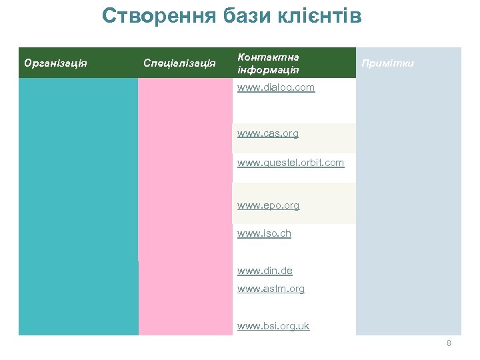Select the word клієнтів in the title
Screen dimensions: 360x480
[x=319, y=16]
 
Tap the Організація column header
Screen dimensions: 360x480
[x=57, y=63]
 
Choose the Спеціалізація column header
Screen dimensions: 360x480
[x=179, y=63]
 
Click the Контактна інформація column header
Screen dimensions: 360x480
[x=268, y=63]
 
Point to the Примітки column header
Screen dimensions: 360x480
[x=387, y=63]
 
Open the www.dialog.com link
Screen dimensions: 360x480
[x=276, y=87]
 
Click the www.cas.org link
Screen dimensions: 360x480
[x=268, y=133]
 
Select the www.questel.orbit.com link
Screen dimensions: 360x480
[x=291, y=162]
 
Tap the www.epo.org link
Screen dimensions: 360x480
[x=269, y=205]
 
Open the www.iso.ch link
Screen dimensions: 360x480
[x=264, y=233]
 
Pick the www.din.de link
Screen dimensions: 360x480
[x=265, y=271]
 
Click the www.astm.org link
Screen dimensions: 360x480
[x=271, y=289]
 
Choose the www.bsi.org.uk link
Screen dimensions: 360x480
[x=273, y=326]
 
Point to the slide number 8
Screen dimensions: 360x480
[x=449, y=343]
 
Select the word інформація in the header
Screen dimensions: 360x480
[x=268, y=69]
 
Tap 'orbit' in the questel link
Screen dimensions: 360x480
[x=310, y=162]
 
